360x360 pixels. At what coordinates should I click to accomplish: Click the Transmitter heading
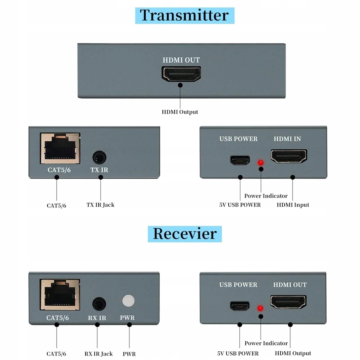[x=184, y=15]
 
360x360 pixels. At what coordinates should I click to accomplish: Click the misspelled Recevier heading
[x=184, y=234]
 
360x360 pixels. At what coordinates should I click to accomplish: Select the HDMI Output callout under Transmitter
[x=180, y=112]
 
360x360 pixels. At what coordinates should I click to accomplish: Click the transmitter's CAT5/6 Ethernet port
[x=60, y=148]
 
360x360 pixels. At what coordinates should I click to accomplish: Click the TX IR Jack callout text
[x=100, y=205]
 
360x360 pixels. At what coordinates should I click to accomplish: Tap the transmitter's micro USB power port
[x=240, y=160]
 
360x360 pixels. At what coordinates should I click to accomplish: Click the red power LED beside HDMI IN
[x=259, y=163]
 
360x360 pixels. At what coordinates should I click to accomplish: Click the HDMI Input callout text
[x=293, y=205]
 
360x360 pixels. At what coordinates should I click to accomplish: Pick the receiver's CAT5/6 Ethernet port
[x=60, y=294]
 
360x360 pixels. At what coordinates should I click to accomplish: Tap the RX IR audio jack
[x=99, y=303]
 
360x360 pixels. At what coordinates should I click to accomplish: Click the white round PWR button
[x=128, y=301]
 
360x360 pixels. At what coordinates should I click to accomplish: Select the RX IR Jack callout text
[x=98, y=354]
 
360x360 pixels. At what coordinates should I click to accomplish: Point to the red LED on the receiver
[x=259, y=309]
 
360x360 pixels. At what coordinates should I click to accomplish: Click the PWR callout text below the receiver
[x=129, y=354]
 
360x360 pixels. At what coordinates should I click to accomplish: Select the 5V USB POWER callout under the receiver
[x=238, y=353]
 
